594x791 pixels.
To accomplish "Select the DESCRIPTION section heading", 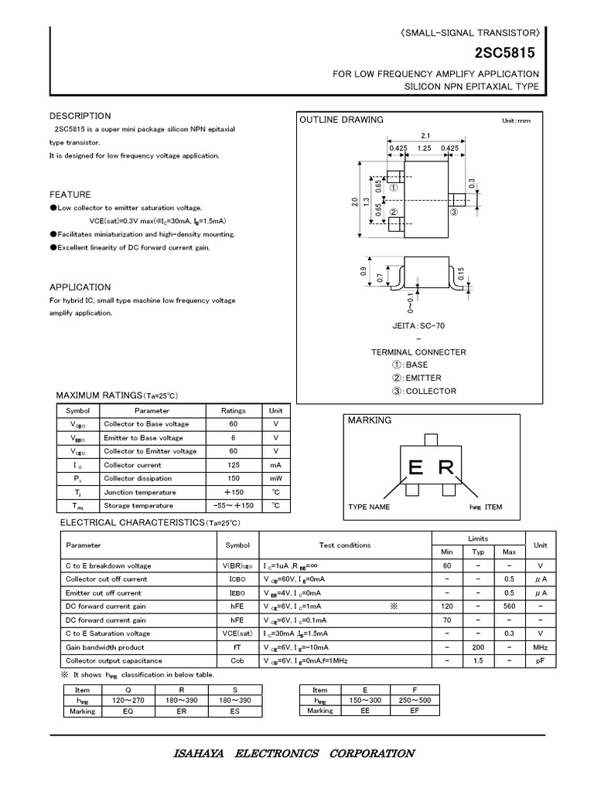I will click(80, 116).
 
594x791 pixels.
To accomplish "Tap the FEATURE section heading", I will click(70, 195).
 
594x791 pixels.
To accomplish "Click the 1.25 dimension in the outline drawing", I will click(424, 147).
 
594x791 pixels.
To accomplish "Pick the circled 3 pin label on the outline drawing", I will click(454, 211).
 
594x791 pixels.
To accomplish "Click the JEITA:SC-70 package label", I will click(419, 326).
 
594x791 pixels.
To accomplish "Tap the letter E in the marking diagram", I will click(416, 468).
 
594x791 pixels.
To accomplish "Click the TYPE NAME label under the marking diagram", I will click(369, 508).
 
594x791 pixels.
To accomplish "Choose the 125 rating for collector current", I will click(234, 465).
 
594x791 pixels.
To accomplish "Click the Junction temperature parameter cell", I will click(138, 492).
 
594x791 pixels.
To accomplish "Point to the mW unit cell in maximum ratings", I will click(275, 478).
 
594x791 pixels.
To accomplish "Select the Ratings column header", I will click(234, 411).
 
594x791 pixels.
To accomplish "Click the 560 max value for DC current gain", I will click(509, 606).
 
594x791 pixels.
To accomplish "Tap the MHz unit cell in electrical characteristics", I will click(540, 647).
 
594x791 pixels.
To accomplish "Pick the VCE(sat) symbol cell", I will click(237, 633).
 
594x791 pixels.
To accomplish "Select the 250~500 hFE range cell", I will click(414, 701).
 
